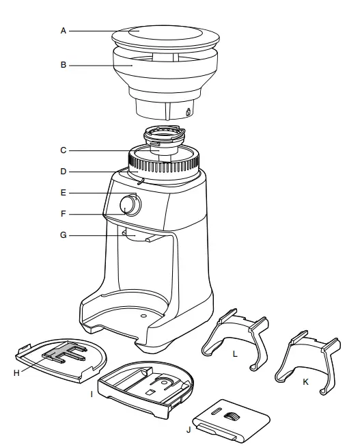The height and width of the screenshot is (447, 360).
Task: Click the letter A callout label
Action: click(x=63, y=31)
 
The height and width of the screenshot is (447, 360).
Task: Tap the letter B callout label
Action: click(x=63, y=66)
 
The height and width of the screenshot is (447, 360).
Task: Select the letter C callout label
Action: click(x=63, y=150)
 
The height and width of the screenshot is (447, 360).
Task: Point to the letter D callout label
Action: click(x=63, y=171)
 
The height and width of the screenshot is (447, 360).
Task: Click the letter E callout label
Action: click(x=63, y=193)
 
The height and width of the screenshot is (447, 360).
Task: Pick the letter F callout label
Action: click(x=63, y=214)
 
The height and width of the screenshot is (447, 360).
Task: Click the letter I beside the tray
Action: click(x=92, y=394)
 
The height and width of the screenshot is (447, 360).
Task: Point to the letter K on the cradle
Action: click(x=305, y=382)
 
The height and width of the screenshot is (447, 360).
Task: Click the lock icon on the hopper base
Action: click(x=189, y=111)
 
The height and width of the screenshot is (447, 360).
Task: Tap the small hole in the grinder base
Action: click(x=143, y=317)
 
